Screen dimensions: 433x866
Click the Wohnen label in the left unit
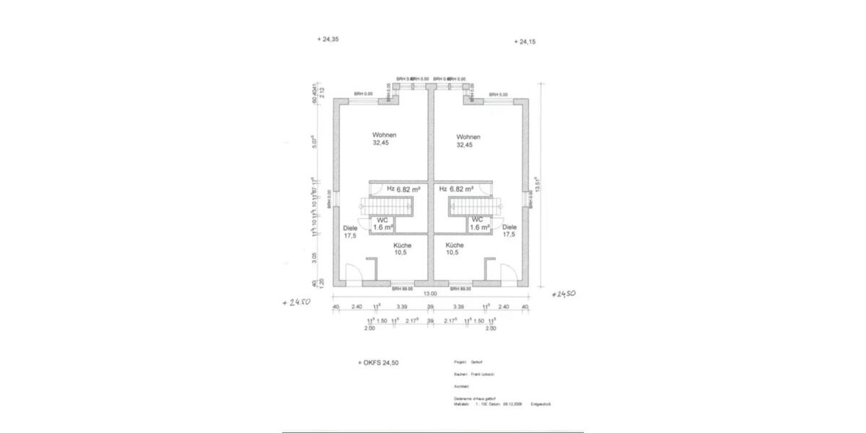point(385,136)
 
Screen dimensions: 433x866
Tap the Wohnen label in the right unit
point(468,136)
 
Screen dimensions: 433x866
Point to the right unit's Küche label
point(455,245)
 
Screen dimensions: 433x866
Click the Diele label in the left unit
point(350,229)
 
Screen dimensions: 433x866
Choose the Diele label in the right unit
point(509,227)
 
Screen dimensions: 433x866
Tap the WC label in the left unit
point(382,219)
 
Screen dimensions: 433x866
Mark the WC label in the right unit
point(477,219)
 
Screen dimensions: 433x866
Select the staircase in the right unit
point(471,206)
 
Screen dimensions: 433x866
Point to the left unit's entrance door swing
point(354,275)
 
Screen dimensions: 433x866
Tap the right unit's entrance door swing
point(506,275)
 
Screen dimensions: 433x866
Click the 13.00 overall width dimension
point(429,294)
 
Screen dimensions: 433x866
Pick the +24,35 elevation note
point(328,40)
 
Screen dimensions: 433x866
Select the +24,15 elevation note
point(525,42)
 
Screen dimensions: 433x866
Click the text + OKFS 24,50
point(378,363)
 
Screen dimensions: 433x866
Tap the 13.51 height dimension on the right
point(538,185)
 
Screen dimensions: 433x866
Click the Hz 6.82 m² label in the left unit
point(400,189)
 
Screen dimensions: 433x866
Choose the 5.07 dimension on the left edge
point(314,141)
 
